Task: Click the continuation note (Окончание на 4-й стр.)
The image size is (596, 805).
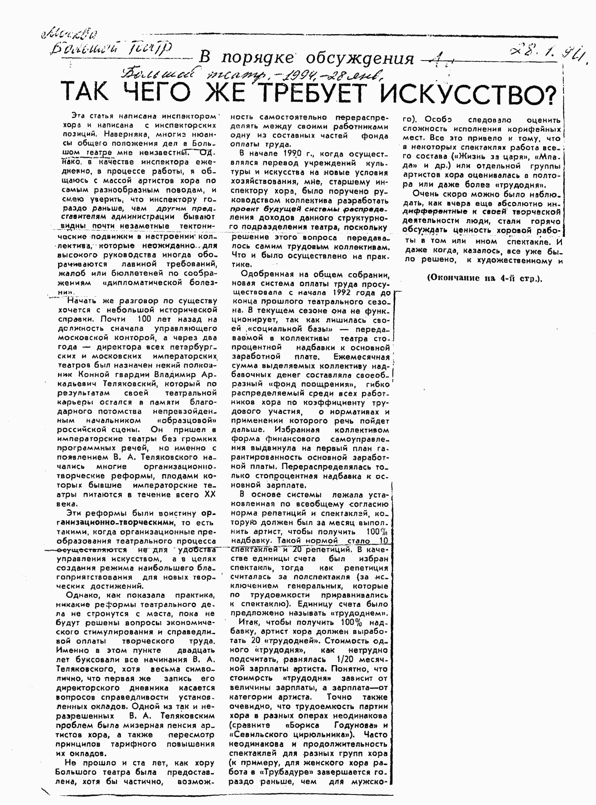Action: [484, 278]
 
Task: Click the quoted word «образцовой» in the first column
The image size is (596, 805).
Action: [187, 421]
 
